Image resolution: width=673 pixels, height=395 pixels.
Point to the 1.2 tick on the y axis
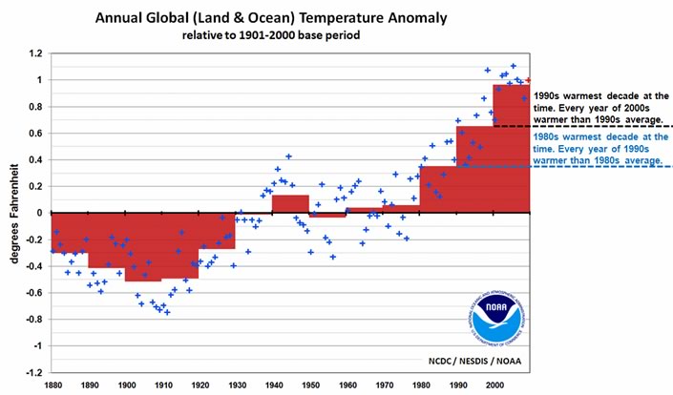[x=33, y=54]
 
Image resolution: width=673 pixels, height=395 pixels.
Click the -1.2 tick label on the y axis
[x=31, y=372]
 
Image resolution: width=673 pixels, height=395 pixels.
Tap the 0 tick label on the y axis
[x=38, y=213]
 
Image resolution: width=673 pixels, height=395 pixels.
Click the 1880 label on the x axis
[x=52, y=385]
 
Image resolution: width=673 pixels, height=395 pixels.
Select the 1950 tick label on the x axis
[x=309, y=385]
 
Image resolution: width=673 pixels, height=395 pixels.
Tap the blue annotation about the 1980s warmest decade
[x=597, y=149]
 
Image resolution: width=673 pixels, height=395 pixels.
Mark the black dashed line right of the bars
[x=592, y=126]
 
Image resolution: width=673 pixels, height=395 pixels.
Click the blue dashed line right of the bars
[x=592, y=167]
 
